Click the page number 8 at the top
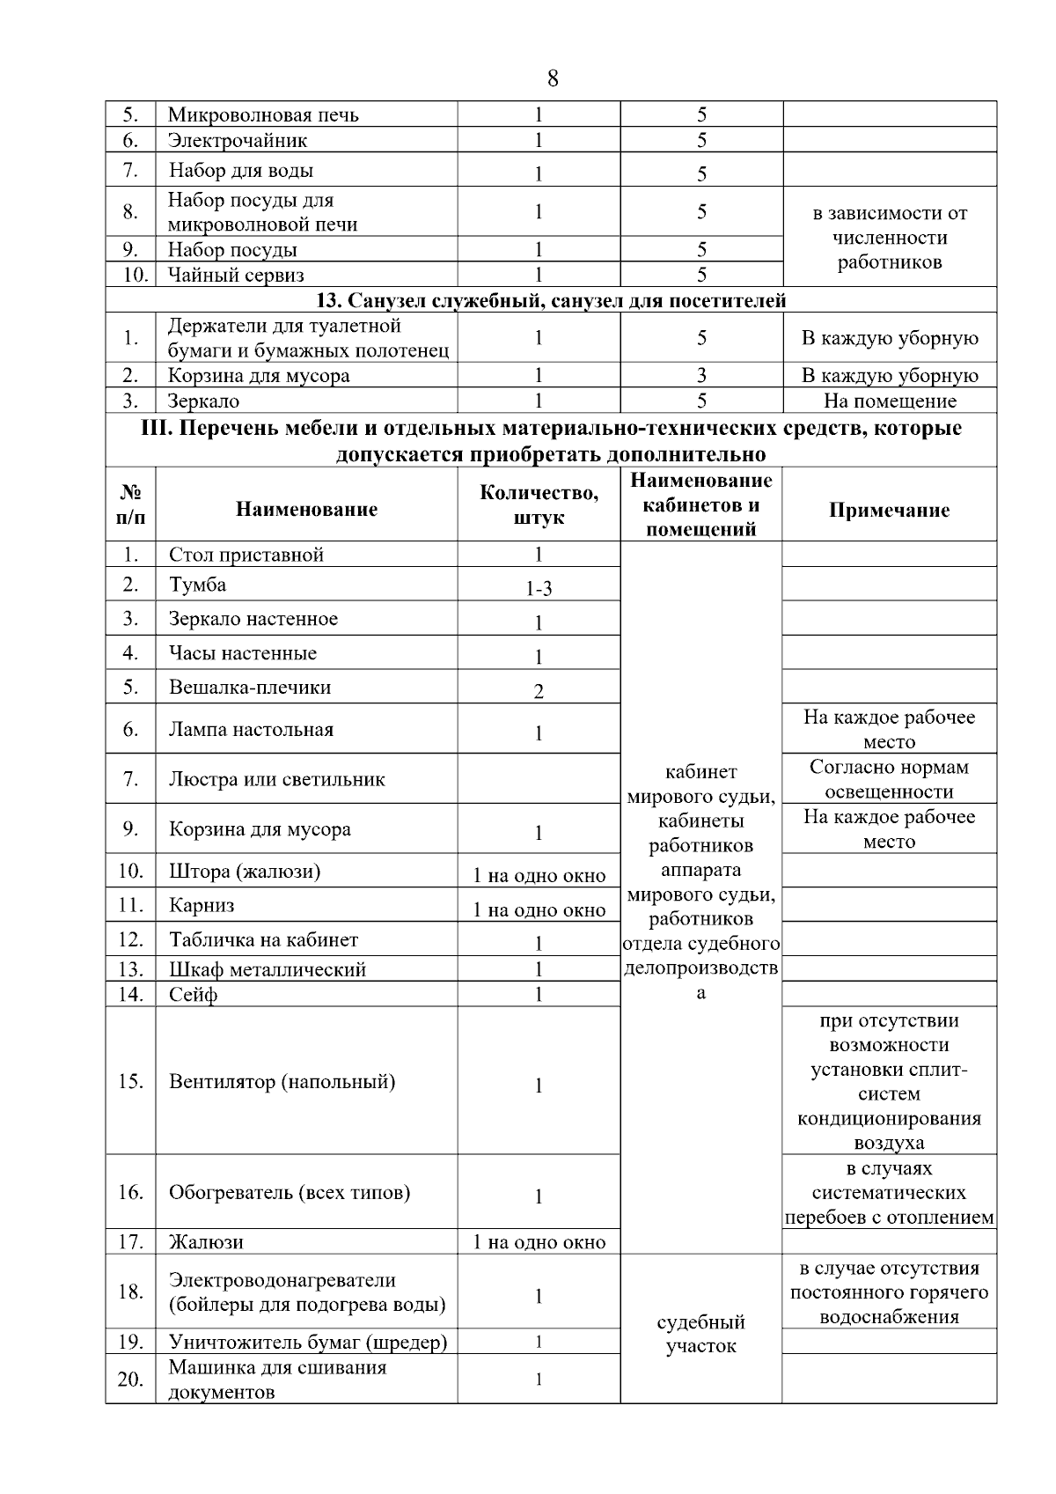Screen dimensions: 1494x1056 (552, 79)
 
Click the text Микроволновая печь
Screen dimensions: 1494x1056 (263, 115)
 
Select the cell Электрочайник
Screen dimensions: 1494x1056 (238, 141)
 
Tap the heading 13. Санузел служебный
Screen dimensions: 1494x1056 (551, 301)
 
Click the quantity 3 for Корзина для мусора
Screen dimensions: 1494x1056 (701, 376)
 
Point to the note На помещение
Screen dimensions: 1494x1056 (890, 401)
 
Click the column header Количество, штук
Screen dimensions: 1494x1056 (539, 505)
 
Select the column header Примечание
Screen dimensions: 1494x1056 (889, 511)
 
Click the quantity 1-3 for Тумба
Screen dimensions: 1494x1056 (539, 588)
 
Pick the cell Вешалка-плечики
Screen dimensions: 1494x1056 (250, 688)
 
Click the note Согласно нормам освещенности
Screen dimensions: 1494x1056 (889, 779)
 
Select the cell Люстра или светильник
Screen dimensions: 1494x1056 (276, 779)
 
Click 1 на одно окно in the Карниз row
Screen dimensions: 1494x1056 (539, 909)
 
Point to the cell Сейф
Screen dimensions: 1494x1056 (194, 995)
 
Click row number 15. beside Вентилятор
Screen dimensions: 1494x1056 (131, 1081)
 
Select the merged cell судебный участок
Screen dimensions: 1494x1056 (700, 1334)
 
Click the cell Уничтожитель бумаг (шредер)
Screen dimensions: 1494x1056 (308, 1343)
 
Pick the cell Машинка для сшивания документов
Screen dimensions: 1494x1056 (277, 1380)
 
